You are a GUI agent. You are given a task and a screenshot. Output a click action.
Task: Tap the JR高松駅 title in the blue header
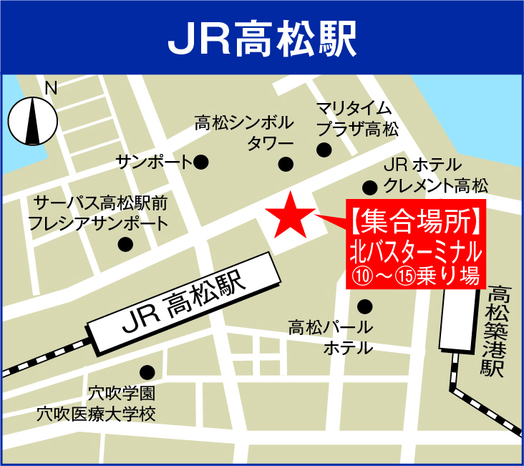pyautogui.click(x=262, y=37)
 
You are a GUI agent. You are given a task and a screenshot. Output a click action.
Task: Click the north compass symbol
pyautogui.click(x=33, y=120)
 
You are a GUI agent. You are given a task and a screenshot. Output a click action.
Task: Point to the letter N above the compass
pyautogui.click(x=50, y=88)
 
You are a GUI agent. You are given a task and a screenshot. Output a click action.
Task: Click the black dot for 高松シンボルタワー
pyautogui.click(x=286, y=164)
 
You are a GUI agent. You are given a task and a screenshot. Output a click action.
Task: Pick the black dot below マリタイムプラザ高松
pyautogui.click(x=324, y=150)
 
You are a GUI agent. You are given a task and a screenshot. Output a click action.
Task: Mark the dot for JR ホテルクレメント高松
pyautogui.click(x=369, y=188)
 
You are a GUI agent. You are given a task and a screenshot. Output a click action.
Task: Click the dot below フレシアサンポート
pyautogui.click(x=126, y=245)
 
